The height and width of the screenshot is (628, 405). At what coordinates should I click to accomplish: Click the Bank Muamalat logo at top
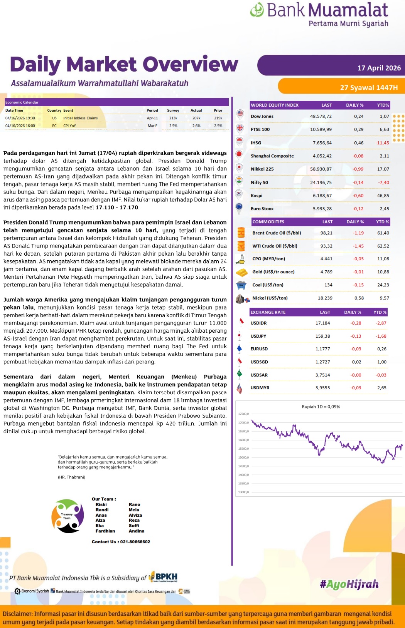point(319,14)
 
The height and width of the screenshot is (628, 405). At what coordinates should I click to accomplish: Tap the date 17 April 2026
point(379,68)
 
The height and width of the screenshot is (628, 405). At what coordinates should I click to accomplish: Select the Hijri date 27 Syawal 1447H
point(369,88)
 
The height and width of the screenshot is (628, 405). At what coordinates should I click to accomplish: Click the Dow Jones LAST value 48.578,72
point(321,116)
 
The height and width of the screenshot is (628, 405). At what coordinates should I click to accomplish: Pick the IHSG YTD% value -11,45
point(382,143)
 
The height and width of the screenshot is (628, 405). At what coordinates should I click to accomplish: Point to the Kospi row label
point(256,196)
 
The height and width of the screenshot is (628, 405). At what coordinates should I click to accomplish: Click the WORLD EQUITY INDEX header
point(275,105)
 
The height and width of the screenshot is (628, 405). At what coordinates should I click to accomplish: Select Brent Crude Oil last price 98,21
point(326,233)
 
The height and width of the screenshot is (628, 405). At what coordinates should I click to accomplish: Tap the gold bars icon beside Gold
point(241,272)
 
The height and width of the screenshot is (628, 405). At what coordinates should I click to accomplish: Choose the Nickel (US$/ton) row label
point(270,298)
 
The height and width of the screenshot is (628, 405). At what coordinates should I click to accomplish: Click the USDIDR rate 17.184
point(322,323)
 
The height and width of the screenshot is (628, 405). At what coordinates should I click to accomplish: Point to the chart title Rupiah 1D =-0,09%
point(321,407)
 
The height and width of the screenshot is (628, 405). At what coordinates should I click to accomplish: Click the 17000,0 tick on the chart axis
point(243,423)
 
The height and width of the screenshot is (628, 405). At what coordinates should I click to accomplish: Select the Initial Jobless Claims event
point(80,118)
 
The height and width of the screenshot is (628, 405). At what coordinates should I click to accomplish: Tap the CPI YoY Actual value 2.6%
point(196,126)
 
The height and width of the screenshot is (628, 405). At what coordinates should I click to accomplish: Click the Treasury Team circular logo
point(67,516)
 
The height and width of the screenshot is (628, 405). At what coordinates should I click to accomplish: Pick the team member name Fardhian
point(105,531)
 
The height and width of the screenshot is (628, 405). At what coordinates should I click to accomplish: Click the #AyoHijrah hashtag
point(349,584)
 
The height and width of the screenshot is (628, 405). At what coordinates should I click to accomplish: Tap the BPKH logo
point(164,577)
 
